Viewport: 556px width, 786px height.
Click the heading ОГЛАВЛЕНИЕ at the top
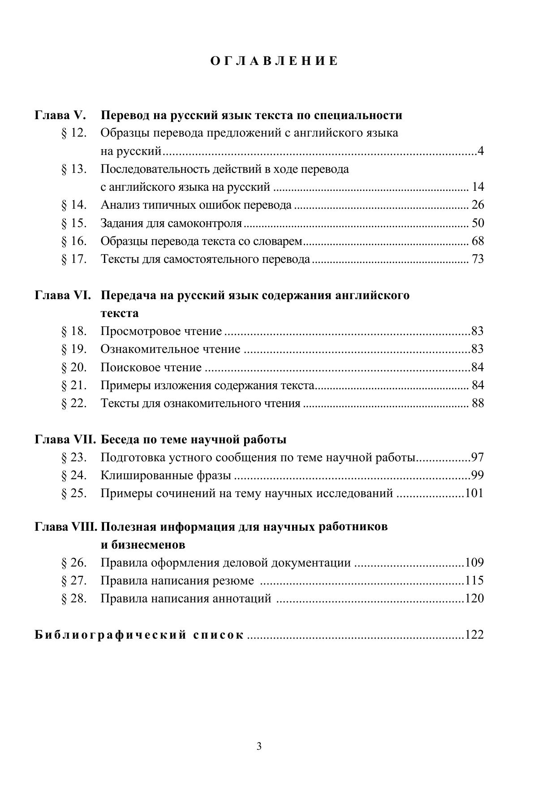274,61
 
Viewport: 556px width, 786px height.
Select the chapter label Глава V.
60,116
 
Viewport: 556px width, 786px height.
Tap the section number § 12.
74,133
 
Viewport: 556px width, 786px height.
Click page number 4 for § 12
481,151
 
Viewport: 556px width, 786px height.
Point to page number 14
478,187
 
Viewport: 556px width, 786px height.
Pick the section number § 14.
74,205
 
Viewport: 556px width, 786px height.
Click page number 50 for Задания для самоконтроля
478,223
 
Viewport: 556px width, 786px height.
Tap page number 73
478,259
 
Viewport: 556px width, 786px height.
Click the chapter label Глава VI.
63,296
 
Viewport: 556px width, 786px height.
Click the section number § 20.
74,368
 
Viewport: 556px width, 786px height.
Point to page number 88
478,404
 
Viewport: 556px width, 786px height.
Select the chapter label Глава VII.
65,440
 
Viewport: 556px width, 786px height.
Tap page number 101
474,494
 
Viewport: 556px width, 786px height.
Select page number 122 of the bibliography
474,635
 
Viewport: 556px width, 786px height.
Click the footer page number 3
259,747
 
